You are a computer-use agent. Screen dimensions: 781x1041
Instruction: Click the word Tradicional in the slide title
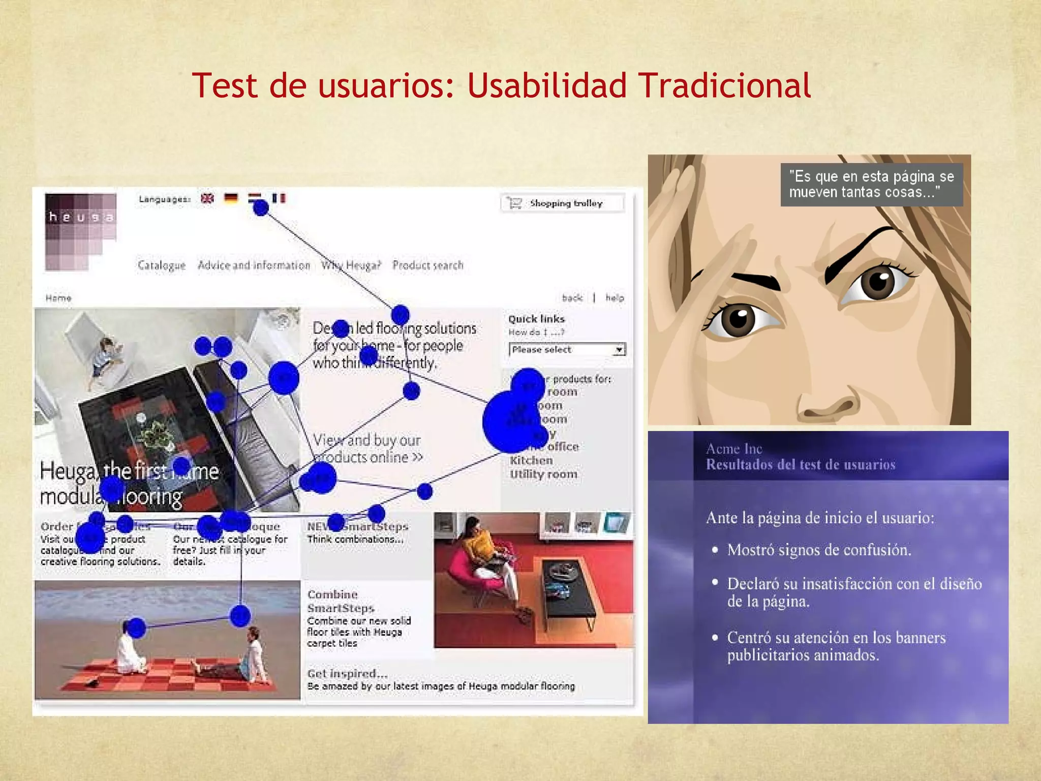(724, 85)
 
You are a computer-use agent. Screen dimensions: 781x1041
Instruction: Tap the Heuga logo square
(80, 231)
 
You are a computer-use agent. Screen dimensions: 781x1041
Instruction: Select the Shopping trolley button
(562, 203)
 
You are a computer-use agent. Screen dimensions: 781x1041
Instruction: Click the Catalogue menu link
(162, 265)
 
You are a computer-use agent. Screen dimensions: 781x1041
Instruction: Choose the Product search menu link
(427, 265)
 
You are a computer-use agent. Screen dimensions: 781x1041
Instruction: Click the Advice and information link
(254, 265)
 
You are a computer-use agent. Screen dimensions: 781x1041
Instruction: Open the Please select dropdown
(567, 350)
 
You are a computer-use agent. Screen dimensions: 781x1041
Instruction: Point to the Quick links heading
(536, 319)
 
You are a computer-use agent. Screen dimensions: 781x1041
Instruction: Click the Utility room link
(543, 474)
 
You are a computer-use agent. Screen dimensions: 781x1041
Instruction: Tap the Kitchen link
(531, 460)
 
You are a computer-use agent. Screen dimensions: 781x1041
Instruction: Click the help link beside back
(615, 298)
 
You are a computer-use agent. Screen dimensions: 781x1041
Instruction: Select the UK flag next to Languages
(207, 198)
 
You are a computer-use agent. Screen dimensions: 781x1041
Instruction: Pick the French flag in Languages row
(279, 198)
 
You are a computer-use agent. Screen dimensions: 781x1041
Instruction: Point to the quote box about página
(871, 185)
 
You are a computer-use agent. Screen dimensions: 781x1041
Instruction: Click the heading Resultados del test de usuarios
(801, 465)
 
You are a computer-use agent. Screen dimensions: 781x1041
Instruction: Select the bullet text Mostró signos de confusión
(819, 550)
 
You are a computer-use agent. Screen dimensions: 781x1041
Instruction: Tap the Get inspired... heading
(347, 674)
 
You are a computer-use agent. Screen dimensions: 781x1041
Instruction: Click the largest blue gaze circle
(510, 422)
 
